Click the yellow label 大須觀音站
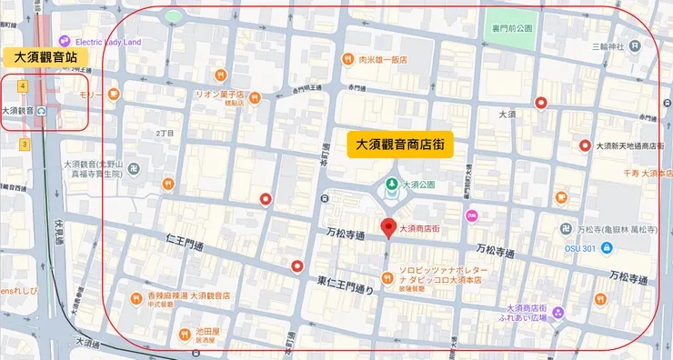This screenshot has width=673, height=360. (45, 57)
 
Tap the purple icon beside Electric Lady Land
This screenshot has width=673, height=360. (63, 41)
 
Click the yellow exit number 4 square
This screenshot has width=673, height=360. (22, 85)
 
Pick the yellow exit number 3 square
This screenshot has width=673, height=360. (24, 144)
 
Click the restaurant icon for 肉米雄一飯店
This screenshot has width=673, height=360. (347, 60)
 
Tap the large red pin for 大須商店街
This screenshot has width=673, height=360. (389, 227)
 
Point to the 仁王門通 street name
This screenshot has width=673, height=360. (189, 242)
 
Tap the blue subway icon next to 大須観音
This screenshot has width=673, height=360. (42, 111)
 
